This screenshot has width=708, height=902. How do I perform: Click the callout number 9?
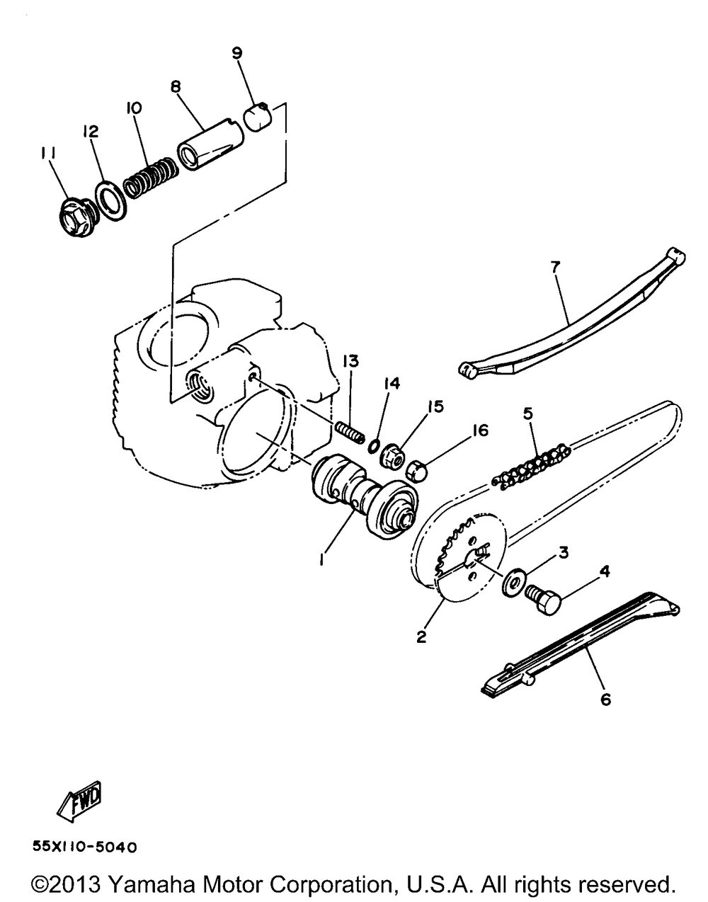click(x=236, y=52)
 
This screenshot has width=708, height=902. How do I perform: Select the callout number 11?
click(x=48, y=153)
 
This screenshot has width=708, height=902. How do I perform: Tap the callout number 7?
click(x=555, y=267)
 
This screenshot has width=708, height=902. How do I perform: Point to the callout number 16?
click(x=481, y=430)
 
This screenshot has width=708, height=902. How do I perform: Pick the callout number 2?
click(x=421, y=636)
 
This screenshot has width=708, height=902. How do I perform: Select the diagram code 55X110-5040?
click(x=84, y=847)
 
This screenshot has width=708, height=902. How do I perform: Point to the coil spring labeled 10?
click(x=150, y=176)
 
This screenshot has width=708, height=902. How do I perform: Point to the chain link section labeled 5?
click(x=532, y=467)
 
